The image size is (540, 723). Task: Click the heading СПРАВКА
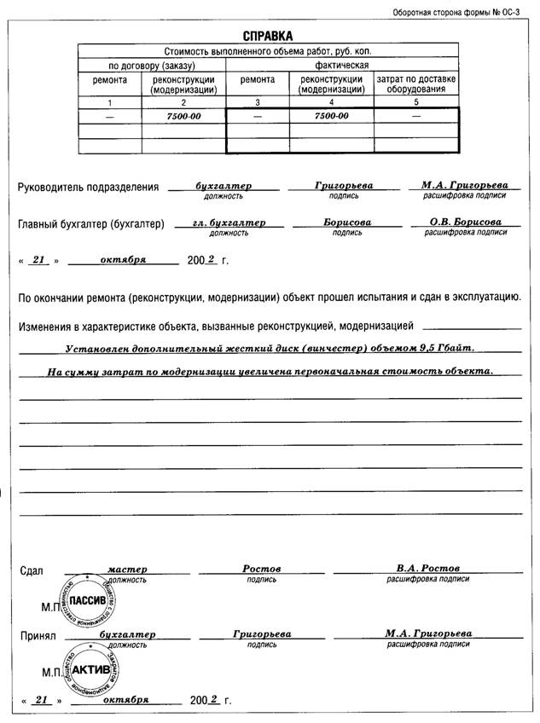(267, 36)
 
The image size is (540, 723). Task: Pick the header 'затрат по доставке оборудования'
(416, 84)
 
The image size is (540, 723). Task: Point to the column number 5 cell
(416, 101)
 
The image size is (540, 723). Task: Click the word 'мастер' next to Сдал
(128, 569)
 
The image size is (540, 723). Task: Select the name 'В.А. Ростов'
(427, 568)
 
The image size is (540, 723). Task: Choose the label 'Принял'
(38, 636)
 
